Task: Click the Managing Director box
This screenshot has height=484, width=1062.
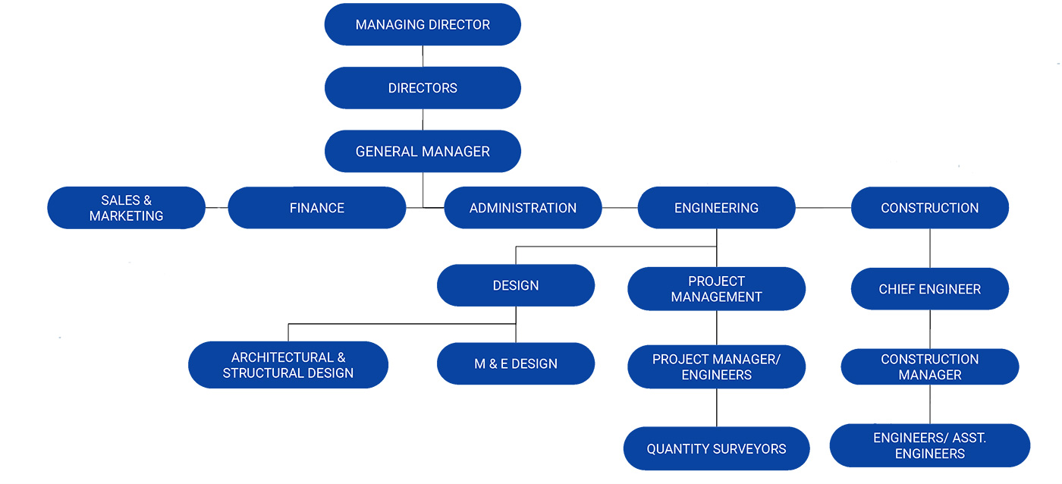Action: click(423, 24)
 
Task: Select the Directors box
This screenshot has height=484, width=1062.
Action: click(423, 88)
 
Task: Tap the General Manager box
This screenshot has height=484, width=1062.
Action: click(423, 151)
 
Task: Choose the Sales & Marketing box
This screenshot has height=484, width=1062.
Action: click(126, 208)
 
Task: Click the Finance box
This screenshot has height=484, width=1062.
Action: click(317, 208)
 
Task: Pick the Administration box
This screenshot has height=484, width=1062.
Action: click(523, 208)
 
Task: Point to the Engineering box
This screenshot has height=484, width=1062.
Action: click(716, 208)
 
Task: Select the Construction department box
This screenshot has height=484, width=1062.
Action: click(930, 208)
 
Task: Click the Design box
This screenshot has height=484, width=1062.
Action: click(516, 285)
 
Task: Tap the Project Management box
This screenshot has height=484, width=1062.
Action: click(716, 289)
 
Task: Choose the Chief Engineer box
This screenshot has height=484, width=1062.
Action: click(930, 289)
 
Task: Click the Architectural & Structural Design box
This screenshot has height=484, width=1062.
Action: click(288, 365)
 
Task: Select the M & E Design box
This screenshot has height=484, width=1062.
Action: click(516, 363)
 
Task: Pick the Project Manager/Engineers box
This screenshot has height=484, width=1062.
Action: click(716, 367)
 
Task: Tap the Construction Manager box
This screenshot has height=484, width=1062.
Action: click(930, 367)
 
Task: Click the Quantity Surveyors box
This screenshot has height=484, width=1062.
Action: click(716, 448)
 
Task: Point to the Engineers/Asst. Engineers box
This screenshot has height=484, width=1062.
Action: click(930, 445)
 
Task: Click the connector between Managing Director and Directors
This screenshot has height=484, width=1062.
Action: click(423, 56)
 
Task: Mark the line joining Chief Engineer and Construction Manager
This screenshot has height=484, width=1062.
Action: click(930, 329)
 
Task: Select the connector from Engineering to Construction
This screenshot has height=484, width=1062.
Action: click(823, 208)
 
